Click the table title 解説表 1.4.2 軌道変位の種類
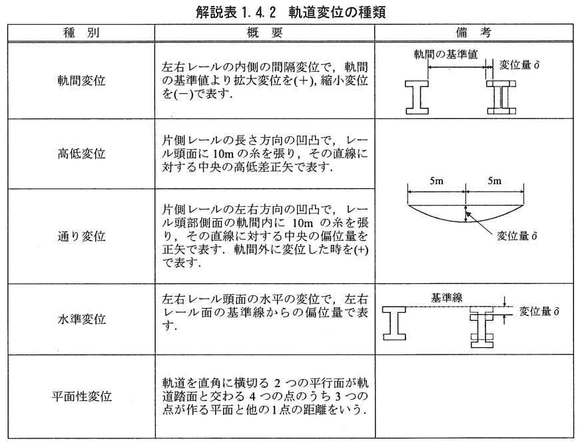(292, 11)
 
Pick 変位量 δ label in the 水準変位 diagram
(539, 311)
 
